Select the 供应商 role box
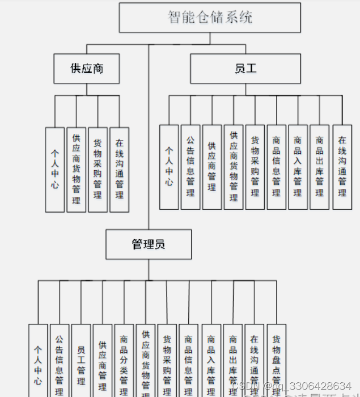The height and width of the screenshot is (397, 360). [x=87, y=69]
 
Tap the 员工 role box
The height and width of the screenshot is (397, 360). [x=245, y=69]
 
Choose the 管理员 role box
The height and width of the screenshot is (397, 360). [x=149, y=244]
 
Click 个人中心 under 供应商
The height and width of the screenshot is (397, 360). [x=55, y=169]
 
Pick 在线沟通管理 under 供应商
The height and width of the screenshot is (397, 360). [x=119, y=169]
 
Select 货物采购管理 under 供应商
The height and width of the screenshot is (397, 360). [x=98, y=169]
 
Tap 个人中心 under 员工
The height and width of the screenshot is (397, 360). [x=169, y=167]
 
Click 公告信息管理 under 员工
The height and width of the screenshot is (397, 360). [x=190, y=167]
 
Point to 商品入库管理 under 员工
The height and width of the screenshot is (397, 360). [x=298, y=167]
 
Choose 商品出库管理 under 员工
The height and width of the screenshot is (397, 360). [x=320, y=167]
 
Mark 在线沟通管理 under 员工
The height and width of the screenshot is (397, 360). [x=342, y=167]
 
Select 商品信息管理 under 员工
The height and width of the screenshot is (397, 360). [x=277, y=167]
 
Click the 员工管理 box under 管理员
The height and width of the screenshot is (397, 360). [x=81, y=360]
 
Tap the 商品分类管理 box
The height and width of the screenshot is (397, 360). [x=124, y=360]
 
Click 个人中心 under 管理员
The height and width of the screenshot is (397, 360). [x=38, y=360]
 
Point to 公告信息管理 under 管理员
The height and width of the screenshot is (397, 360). [x=60, y=360]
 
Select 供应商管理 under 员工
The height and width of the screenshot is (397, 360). [x=212, y=167]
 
